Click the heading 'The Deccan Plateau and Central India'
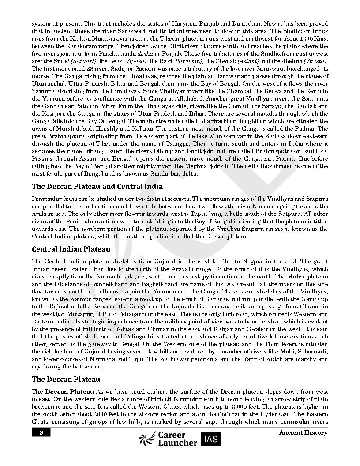click(97, 187)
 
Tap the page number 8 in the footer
click(41, 432)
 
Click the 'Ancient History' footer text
click(303, 432)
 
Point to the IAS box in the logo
click(211, 439)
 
